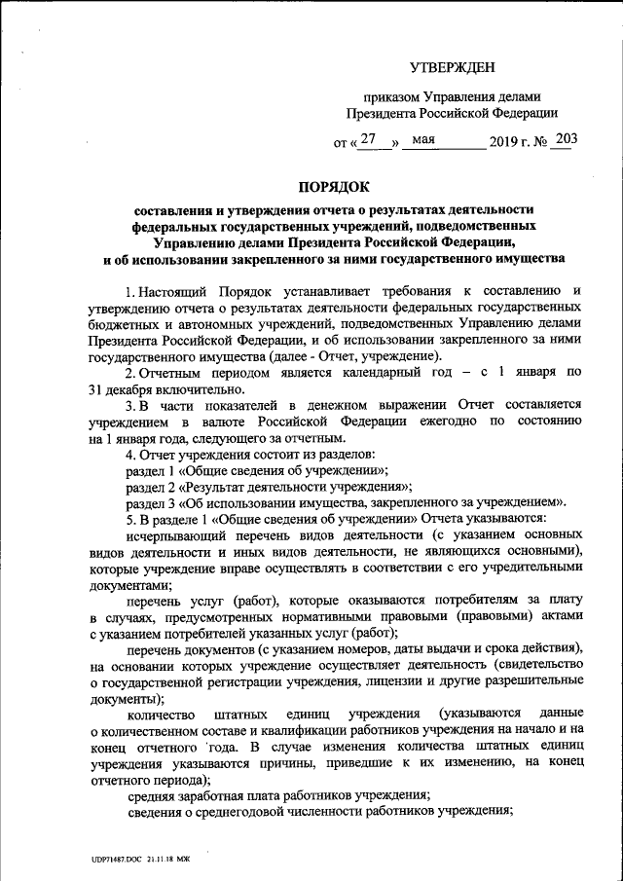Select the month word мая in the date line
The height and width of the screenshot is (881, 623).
[x=422, y=139]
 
